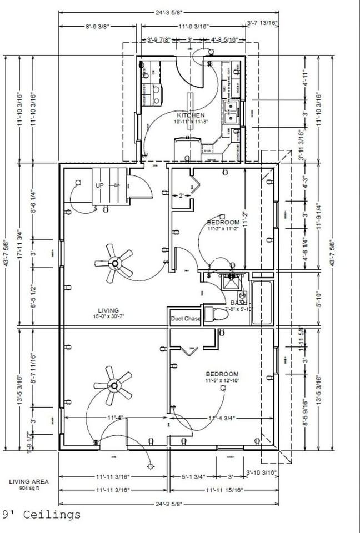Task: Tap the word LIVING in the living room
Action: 109,310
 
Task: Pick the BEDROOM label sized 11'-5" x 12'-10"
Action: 223,374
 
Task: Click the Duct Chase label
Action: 185,319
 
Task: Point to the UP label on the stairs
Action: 100,185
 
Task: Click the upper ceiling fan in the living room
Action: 114,263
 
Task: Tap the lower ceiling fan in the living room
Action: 114,384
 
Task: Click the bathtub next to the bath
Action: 262,303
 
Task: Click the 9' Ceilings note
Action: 42,515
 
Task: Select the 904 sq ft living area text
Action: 28,489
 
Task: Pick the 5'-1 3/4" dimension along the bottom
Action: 194,476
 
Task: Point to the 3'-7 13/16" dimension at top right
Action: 262,23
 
